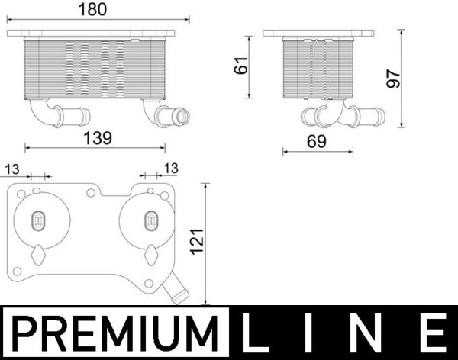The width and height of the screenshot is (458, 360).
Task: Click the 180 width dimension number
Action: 91,10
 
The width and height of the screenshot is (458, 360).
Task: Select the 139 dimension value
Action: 97,138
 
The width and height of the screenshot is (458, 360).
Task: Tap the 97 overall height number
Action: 394,78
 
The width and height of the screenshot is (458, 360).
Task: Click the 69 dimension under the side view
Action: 317,141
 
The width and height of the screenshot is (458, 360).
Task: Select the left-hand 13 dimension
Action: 12,168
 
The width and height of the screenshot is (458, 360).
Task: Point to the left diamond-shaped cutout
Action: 37,253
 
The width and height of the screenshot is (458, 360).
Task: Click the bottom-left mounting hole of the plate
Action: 16,270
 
